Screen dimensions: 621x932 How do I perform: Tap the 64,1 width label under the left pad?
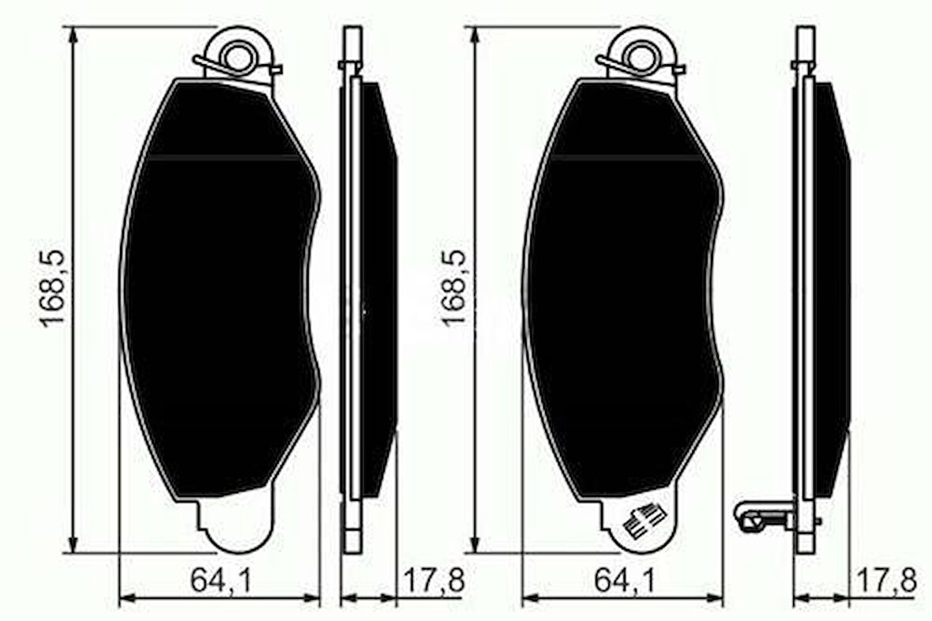click(220, 581)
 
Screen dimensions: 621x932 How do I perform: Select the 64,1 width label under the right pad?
click(623, 581)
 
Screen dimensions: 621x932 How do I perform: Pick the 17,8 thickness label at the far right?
click(885, 581)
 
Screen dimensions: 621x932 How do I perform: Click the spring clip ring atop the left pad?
click(236, 55)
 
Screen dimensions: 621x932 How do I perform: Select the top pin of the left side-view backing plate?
click(352, 43)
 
